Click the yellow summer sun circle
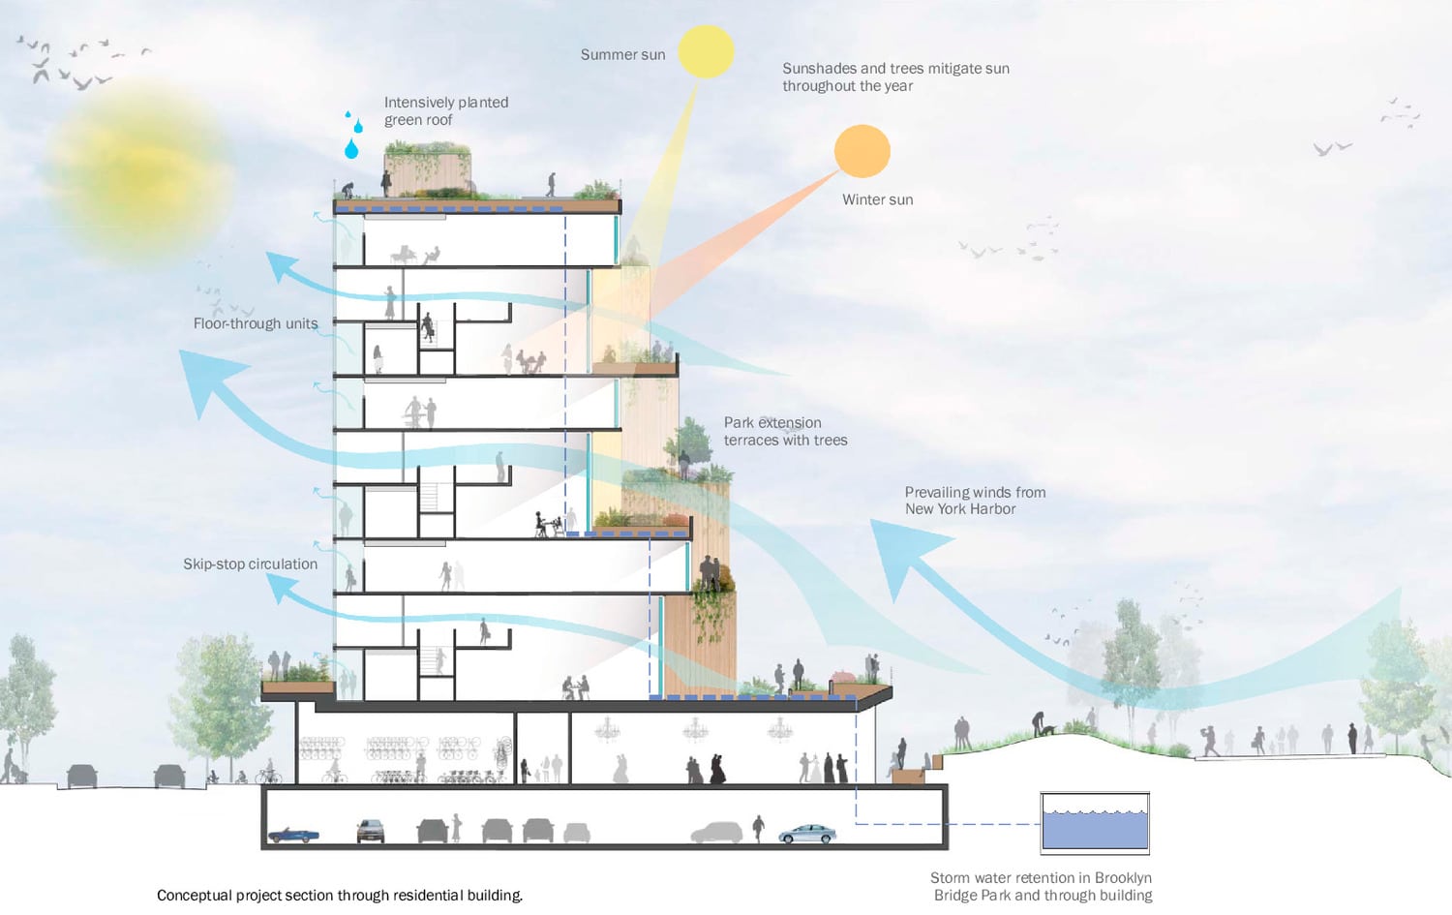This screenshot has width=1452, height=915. [706, 51]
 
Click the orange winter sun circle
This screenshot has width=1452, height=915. [862, 151]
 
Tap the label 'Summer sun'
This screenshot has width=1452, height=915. [622, 55]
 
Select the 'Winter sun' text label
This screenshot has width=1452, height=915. [877, 199]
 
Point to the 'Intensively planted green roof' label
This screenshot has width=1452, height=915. [445, 111]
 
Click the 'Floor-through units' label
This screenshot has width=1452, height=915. [255, 323]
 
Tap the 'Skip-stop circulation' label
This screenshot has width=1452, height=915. [250, 564]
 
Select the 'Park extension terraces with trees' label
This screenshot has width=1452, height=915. [785, 431]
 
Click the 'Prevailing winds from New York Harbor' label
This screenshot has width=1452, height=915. [974, 501]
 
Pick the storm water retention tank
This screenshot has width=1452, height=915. [1095, 823]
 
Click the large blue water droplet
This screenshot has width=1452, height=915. [351, 148]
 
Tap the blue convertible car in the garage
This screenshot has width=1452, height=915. [292, 834]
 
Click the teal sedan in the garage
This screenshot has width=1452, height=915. [806, 834]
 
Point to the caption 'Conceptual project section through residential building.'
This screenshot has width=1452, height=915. [340, 896]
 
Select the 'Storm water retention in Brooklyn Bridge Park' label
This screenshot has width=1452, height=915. [1042, 886]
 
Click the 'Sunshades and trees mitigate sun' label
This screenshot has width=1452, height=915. [894, 76]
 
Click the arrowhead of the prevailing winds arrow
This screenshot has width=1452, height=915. [895, 552]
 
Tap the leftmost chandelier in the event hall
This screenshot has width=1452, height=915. [608, 727]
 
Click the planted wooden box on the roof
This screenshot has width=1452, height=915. [428, 168]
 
